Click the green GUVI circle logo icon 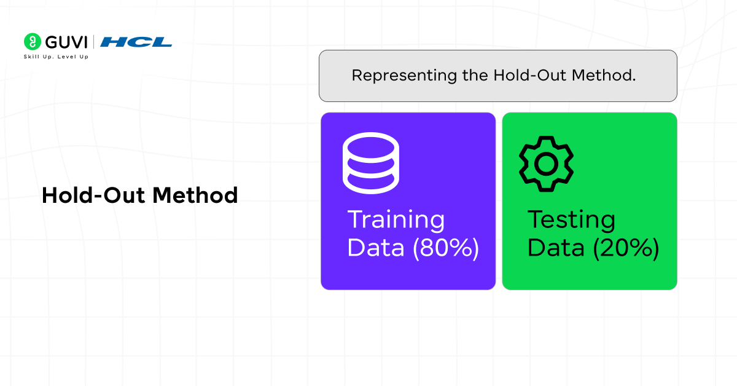pyautogui.click(x=32, y=42)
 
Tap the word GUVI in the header pyautogui.click(x=65, y=42)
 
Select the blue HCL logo pyautogui.click(x=136, y=42)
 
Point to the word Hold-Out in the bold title pyautogui.click(x=93, y=195)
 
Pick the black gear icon pyautogui.click(x=546, y=163)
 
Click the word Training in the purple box pyautogui.click(x=396, y=220)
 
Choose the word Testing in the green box pyautogui.click(x=572, y=220)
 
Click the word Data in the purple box pyautogui.click(x=376, y=248)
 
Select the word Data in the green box pyautogui.click(x=556, y=248)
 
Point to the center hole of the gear pyautogui.click(x=546, y=163)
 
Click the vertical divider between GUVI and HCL pyautogui.click(x=93, y=42)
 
